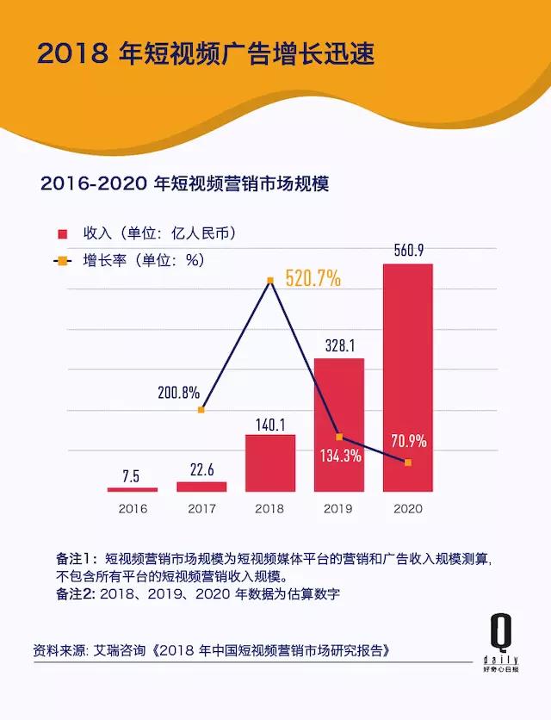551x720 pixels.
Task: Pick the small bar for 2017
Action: click(201, 487)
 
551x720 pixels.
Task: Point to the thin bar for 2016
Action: click(133, 489)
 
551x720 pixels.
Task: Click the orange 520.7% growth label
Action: click(313, 279)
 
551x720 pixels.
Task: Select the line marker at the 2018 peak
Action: click(270, 280)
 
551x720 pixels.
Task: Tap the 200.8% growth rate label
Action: click(178, 392)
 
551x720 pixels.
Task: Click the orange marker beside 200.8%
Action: click(201, 409)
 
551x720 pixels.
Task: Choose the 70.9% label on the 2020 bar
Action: click(407, 442)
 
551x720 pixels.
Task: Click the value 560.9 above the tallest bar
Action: click(407, 251)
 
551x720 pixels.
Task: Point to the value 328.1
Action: click(338, 344)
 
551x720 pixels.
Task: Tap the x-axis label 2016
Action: click(133, 509)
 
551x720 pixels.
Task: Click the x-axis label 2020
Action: click(407, 509)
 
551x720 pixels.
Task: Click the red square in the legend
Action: click(62, 233)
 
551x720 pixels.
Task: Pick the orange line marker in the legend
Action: click(62, 259)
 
